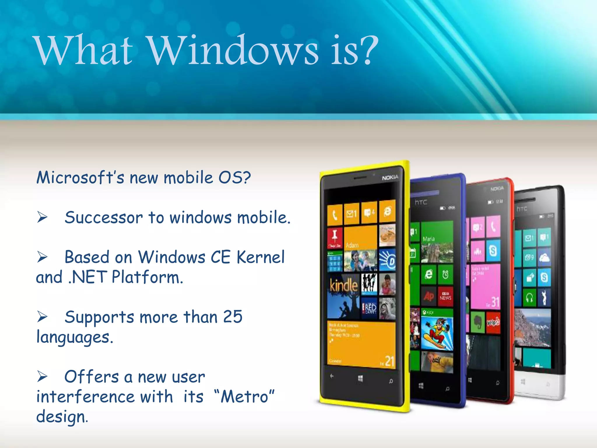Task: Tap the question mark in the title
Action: pyautogui.click(x=367, y=50)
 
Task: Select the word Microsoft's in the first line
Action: pyautogui.click(x=80, y=178)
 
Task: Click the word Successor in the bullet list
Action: pyautogui.click(x=103, y=218)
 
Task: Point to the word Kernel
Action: pyautogui.click(x=260, y=257)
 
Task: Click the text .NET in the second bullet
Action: pyautogui.click(x=87, y=277)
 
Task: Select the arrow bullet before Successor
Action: pyautogui.click(x=42, y=217)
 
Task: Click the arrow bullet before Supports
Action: pyautogui.click(x=42, y=317)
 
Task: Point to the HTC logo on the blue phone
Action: pyautogui.click(x=421, y=202)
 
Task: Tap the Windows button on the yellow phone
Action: pyautogui.click(x=361, y=379)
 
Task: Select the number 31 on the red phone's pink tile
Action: pyautogui.click(x=495, y=302)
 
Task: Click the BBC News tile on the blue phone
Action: pyautogui.click(x=445, y=296)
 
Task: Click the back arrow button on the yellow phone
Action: pyautogui.click(x=332, y=376)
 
